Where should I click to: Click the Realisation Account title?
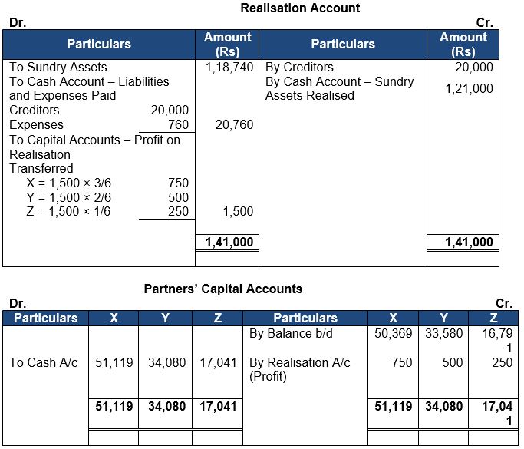pyautogui.click(x=300, y=8)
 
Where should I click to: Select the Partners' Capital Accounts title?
pyautogui.click(x=223, y=289)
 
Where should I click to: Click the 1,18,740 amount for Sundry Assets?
pyautogui.click(x=229, y=68)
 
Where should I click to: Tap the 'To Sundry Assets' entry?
pyautogui.click(x=58, y=68)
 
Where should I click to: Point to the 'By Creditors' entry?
pyautogui.click(x=299, y=68)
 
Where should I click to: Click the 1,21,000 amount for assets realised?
pyautogui.click(x=470, y=88)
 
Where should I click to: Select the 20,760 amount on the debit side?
pyautogui.click(x=234, y=124)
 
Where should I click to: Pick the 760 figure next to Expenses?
pyautogui.click(x=178, y=124)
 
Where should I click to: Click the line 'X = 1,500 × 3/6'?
pyautogui.click(x=68, y=183)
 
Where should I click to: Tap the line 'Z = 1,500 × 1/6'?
pyautogui.click(x=68, y=211)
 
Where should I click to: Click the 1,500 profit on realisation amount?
pyautogui.click(x=238, y=211)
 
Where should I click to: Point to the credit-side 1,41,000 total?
pyautogui.click(x=470, y=243)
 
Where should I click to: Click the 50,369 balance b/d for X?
pyautogui.click(x=393, y=335)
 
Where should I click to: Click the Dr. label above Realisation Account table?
pyautogui.click(x=17, y=22)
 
